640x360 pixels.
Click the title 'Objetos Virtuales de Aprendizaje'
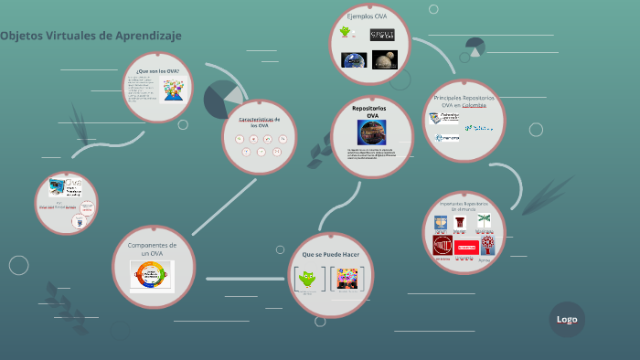click(91, 36)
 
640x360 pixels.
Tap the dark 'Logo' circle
click(566, 319)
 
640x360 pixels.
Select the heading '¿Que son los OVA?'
click(157, 70)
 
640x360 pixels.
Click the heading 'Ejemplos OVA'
click(367, 16)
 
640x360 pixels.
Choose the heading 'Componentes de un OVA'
click(152, 249)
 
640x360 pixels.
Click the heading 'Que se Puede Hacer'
click(330, 253)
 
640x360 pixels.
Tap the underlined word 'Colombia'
click(475, 104)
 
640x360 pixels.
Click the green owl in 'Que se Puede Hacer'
click(308, 280)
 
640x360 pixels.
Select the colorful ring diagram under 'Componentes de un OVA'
click(152, 275)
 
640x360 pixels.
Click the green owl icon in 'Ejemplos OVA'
click(345, 33)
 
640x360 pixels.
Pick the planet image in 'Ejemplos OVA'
click(384, 60)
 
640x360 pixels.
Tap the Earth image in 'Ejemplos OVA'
click(354, 60)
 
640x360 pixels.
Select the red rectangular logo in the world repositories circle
click(466, 247)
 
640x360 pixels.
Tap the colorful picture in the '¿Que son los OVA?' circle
click(173, 90)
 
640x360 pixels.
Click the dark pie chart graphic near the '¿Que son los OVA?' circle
click(223, 100)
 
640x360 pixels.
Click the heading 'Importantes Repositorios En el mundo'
click(464, 206)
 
